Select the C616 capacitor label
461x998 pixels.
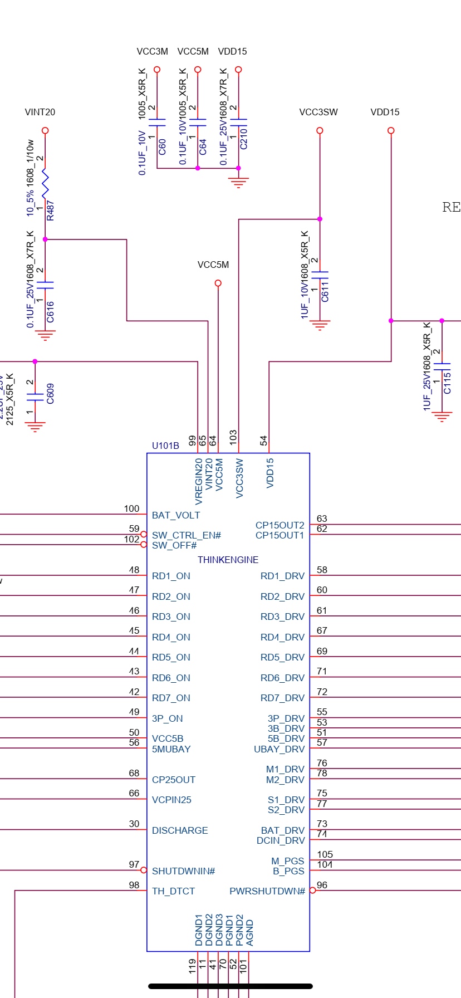tap(51, 312)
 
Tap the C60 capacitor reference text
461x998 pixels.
tap(162, 146)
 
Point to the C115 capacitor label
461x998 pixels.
tap(447, 383)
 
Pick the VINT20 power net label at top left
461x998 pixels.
tap(40, 112)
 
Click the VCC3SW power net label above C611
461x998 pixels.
tap(318, 112)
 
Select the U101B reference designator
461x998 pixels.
tap(165, 446)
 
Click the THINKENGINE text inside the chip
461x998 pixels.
tap(228, 560)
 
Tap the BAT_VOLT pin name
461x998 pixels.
tap(175, 516)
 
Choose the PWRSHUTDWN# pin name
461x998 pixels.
tap(267, 892)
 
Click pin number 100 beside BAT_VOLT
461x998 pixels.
tap(131, 509)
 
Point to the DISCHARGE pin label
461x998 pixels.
tap(180, 830)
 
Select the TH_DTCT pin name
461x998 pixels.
tap(173, 892)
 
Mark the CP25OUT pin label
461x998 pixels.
tap(173, 780)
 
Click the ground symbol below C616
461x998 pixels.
tap(45, 335)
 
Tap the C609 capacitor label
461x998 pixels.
tap(51, 394)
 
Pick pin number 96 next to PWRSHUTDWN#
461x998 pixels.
tap(322, 886)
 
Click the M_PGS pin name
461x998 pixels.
tap(288, 861)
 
